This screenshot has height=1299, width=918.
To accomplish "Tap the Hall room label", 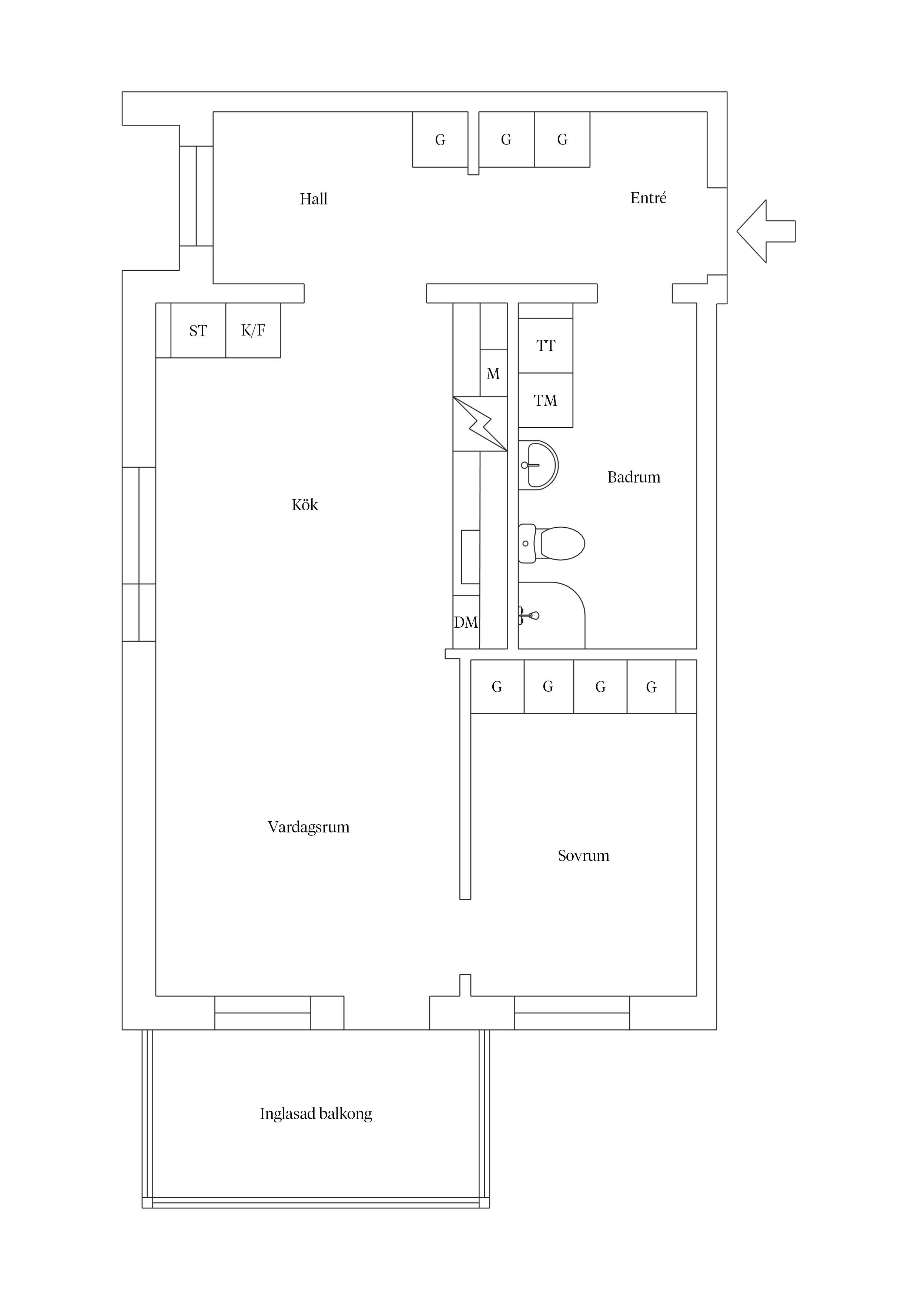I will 314,199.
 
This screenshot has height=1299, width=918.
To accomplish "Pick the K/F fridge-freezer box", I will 253,330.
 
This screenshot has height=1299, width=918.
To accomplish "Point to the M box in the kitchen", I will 493,373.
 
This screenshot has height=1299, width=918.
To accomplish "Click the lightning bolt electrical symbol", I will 480,424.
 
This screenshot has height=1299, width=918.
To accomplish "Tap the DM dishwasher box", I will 466,622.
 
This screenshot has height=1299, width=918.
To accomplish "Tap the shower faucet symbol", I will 529,615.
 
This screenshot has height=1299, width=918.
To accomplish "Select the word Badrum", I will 633,477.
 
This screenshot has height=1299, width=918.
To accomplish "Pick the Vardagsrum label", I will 308,827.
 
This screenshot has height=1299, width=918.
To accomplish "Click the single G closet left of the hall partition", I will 440,139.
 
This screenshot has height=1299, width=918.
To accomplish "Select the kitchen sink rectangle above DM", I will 470,557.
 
